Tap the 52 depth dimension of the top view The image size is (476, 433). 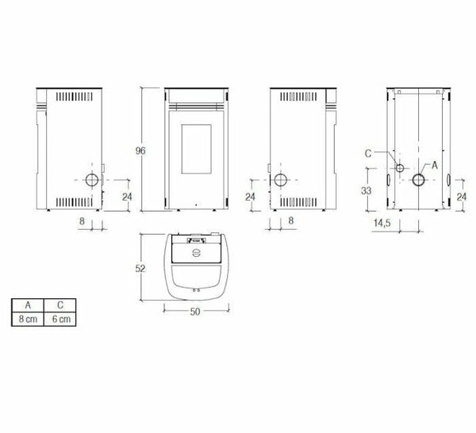click(140, 269)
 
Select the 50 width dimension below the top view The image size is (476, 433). click(194, 311)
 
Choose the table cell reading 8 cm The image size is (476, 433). click(28, 318)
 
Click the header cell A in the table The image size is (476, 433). click(28, 305)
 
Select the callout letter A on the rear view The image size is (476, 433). click(433, 165)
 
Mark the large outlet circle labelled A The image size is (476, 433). click(417, 180)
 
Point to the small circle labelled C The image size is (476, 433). click(400, 169)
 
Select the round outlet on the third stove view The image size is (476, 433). click(280, 180)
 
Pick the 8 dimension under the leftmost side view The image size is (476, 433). click(82, 223)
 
